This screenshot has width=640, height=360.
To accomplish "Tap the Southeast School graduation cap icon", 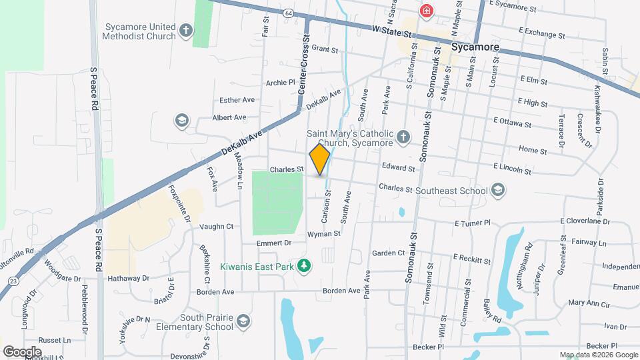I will (x=497, y=191).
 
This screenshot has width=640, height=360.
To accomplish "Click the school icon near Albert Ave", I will (x=181, y=121).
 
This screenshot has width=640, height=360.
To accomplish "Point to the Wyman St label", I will (x=324, y=234).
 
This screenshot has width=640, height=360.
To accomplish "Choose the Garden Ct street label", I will (x=389, y=253).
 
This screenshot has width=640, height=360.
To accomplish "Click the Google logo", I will (x=22, y=351).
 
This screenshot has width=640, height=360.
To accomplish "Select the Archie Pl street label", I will (x=280, y=83).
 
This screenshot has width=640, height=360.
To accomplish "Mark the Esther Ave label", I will (x=237, y=100).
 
